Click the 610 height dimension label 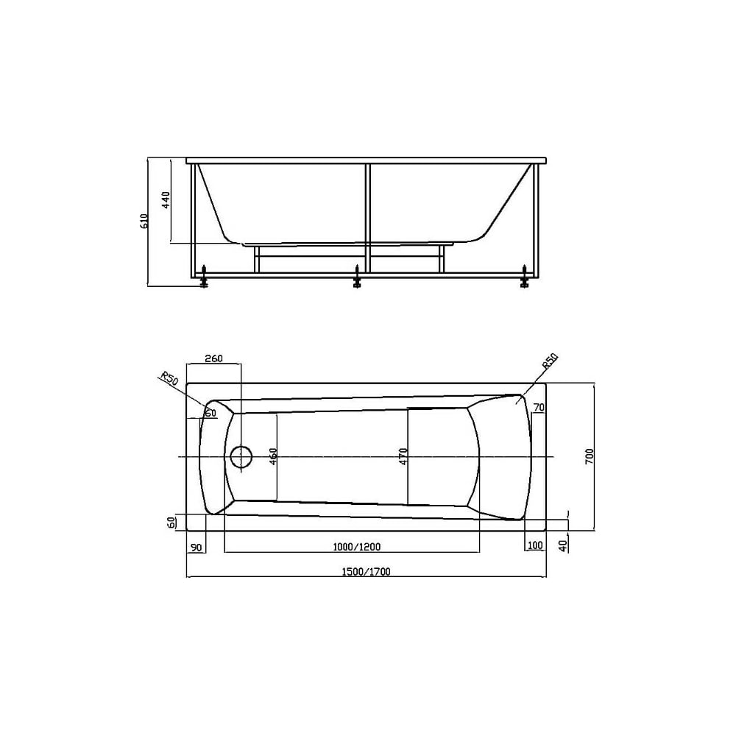[144, 221]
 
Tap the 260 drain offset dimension [213, 358]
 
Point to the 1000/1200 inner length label [357, 546]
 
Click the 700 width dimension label [590, 457]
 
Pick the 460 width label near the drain [274, 456]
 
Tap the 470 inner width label [403, 456]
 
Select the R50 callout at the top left [169, 378]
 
